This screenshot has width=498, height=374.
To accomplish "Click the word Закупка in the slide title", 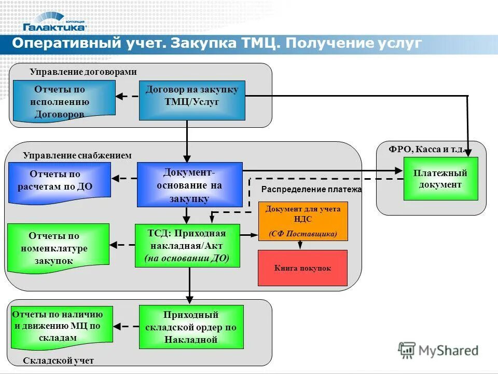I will pos(203,43).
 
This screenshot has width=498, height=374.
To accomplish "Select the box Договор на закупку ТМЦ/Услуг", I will pos(192,100).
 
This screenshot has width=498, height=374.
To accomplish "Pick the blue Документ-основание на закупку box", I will pos(189,184).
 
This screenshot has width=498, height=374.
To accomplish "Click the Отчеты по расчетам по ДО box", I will pos(59,180).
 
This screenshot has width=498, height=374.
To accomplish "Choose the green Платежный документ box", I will pos(440,178).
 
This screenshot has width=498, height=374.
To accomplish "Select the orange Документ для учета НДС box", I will pos(303,221).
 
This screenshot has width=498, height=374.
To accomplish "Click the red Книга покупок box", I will pos(302,268).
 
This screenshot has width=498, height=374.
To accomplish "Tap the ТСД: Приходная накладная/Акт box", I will pos(187,245).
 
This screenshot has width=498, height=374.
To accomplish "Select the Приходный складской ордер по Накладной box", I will pos(191,327).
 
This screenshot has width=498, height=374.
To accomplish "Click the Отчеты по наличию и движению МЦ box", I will pos(62,326).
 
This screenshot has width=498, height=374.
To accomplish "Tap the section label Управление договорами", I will pos(83,72).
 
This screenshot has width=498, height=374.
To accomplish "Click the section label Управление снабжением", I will pos(77,155).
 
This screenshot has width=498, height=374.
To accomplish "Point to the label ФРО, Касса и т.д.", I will pos(426,150).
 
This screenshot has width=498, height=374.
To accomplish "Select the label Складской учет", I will pos(59,360).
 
